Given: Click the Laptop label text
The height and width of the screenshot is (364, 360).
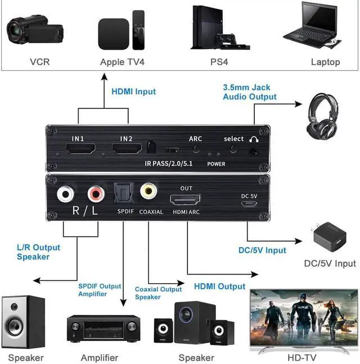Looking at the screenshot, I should (325, 62).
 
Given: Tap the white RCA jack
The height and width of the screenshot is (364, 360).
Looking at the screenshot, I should (66, 195).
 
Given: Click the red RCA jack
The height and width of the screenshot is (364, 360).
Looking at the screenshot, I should (96, 195).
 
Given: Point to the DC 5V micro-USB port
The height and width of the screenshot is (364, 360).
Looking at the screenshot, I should (247, 203).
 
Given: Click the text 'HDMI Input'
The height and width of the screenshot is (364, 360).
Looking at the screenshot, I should (133, 91).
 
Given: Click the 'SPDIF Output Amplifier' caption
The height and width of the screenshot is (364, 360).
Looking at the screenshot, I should (99, 290).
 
